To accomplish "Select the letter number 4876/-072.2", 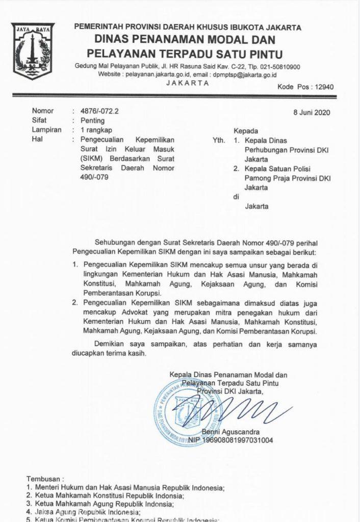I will (96, 111).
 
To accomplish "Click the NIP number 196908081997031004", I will (237, 440).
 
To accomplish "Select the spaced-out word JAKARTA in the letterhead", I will (187, 82).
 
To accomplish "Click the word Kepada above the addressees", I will (246, 130).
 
